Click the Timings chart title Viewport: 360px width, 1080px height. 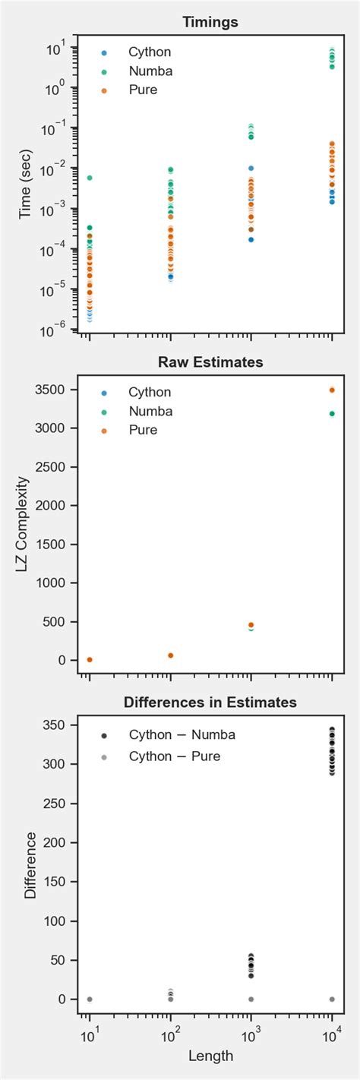click(x=210, y=23)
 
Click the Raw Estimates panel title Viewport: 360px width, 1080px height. click(x=210, y=362)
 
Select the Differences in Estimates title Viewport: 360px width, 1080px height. click(x=210, y=703)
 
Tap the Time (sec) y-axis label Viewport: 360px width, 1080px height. click(x=25, y=183)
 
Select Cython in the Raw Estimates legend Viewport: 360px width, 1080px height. click(x=150, y=393)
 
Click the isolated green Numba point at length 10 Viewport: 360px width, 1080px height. click(x=90, y=178)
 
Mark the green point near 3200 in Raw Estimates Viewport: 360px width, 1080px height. click(x=332, y=414)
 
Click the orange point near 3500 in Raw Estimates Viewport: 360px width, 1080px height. click(x=332, y=390)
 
